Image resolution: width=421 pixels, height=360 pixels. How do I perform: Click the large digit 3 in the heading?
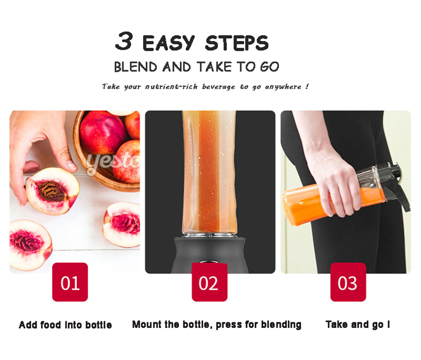[x=124, y=41]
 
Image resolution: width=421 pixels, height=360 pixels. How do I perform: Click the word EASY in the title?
[x=168, y=43]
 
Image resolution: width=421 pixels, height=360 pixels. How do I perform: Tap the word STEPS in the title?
[x=236, y=43]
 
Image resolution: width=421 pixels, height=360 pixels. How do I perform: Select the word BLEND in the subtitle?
[x=136, y=67]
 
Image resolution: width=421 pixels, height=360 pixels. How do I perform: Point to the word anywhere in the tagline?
[x=283, y=87]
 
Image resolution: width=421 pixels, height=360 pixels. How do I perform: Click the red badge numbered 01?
[x=70, y=282]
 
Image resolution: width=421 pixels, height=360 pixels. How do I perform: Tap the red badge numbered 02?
[x=209, y=282]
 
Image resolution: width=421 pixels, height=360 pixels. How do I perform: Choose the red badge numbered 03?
[x=348, y=282]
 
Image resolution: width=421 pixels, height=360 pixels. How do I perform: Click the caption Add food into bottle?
[x=65, y=325]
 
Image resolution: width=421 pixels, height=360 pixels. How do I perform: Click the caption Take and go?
[x=358, y=325]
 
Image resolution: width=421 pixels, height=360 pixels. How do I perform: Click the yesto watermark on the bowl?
[x=113, y=162]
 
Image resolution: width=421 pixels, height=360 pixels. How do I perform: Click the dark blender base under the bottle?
[x=209, y=254]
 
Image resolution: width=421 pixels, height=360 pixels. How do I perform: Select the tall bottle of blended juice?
[x=209, y=172]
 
